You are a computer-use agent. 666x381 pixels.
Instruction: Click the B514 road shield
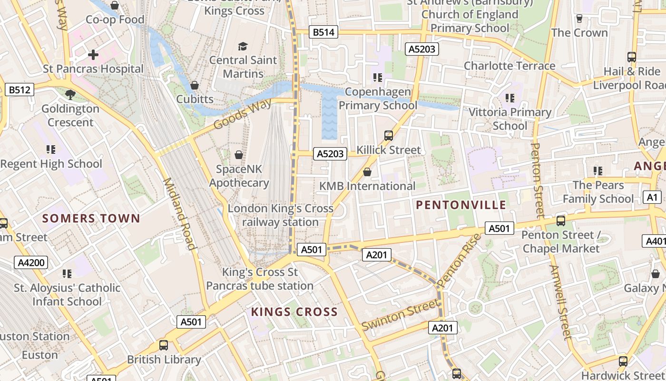(323, 32)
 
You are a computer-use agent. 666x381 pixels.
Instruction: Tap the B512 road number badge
(20, 90)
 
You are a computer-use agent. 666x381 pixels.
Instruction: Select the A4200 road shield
(31, 262)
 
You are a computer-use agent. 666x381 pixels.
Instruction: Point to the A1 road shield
(652, 197)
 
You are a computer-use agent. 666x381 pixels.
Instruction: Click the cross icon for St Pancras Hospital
(93, 55)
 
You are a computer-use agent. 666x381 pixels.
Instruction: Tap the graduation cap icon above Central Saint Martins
(243, 46)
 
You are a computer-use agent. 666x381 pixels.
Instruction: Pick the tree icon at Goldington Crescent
(70, 94)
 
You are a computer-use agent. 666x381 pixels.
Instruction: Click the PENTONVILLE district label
(461, 205)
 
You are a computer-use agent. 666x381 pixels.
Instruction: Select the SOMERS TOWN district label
(91, 219)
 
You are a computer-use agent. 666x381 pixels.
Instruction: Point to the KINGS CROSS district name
(294, 312)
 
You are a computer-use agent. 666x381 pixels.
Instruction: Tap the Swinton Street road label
(400, 314)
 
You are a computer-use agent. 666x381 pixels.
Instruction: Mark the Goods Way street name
(243, 114)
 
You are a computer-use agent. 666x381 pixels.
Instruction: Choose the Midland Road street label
(180, 214)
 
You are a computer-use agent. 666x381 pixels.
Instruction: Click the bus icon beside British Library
(164, 345)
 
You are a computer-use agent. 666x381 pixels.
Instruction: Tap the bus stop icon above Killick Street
(389, 136)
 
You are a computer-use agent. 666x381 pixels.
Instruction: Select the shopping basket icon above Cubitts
(195, 85)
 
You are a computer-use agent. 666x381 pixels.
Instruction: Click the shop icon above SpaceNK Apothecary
(239, 155)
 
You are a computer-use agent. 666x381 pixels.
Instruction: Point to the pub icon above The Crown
(579, 19)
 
